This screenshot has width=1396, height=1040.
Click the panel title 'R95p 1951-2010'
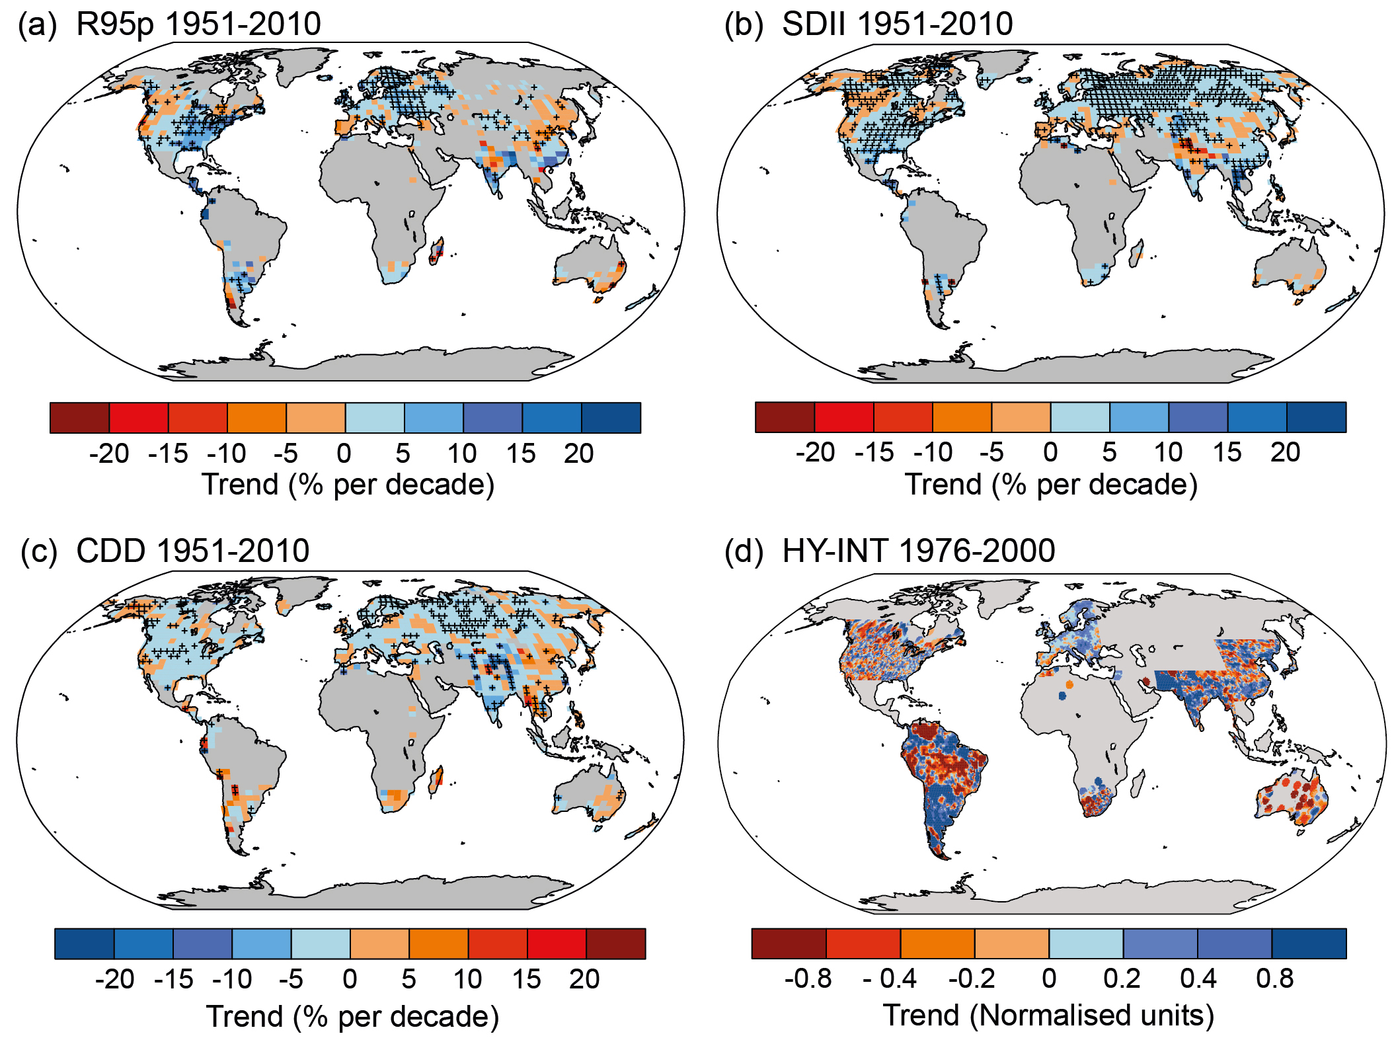198,24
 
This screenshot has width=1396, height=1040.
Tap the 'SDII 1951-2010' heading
897,24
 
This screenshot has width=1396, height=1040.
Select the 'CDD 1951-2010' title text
192,551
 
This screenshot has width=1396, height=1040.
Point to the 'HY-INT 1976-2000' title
918,551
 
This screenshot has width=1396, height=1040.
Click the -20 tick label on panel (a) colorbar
109,454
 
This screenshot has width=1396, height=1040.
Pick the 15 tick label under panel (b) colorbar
1226,453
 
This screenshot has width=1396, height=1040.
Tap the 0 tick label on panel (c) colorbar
350,979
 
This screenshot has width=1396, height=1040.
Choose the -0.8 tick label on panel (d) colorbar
808,979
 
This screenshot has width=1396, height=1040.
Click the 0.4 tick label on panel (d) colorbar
1198,979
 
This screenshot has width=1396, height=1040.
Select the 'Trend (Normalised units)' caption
1048,1015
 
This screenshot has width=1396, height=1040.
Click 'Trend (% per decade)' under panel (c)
352,1016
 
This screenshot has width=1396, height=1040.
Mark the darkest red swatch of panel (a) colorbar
79,418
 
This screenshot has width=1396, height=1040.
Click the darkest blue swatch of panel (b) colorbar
1316,417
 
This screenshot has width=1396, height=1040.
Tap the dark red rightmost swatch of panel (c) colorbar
615,943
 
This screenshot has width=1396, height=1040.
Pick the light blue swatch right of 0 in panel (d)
1085,943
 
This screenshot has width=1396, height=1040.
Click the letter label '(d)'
744,551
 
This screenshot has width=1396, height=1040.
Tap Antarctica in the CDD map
370,893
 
